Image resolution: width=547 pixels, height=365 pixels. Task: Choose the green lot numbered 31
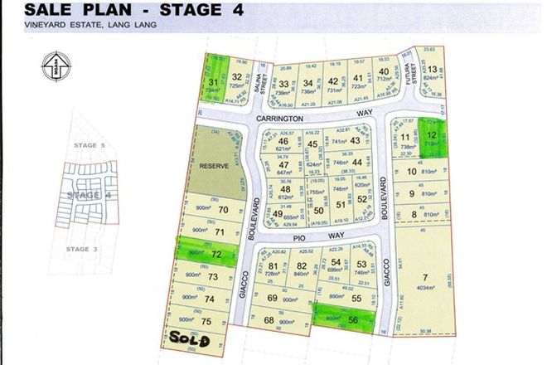click(213, 80)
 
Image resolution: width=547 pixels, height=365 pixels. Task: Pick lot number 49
click(278, 212)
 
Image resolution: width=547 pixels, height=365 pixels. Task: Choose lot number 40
click(383, 71)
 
